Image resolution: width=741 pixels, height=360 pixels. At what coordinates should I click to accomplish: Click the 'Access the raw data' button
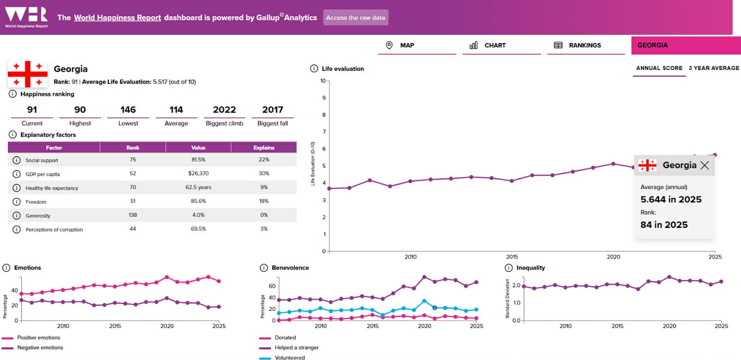pos(355,18)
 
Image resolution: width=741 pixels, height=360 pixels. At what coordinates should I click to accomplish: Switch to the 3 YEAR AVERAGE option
pos(714,68)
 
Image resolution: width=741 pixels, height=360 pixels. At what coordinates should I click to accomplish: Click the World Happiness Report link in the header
pos(117,18)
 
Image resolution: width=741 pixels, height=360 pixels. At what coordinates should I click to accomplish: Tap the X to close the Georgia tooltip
pos(704,165)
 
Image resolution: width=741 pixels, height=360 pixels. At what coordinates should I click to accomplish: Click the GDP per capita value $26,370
pos(198,174)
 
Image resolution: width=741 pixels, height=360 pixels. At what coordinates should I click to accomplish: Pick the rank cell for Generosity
pos(133,215)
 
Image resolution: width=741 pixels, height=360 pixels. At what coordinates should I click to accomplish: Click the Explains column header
pos(264,148)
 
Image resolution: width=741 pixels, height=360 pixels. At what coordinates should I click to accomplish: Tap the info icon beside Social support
pos(17,160)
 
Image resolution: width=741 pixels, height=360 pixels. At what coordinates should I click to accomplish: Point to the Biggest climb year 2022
pos(224,110)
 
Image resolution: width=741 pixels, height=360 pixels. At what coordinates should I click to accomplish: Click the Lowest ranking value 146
pos(128,110)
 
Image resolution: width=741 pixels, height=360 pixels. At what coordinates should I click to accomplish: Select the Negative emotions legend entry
pos(40,347)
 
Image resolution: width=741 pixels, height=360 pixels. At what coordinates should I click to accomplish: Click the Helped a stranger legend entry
pos(296,347)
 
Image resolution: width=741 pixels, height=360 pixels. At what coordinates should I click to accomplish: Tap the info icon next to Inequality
pos(509,268)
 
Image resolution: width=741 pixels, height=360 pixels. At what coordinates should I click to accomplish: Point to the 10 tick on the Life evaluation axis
pos(323,81)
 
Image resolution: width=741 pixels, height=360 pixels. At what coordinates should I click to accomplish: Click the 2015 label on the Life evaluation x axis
pos(512,257)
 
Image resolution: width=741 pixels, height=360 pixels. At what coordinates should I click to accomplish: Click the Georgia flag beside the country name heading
pos(27,74)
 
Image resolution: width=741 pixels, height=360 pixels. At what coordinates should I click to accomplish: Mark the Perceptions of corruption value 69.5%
pos(198,229)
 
